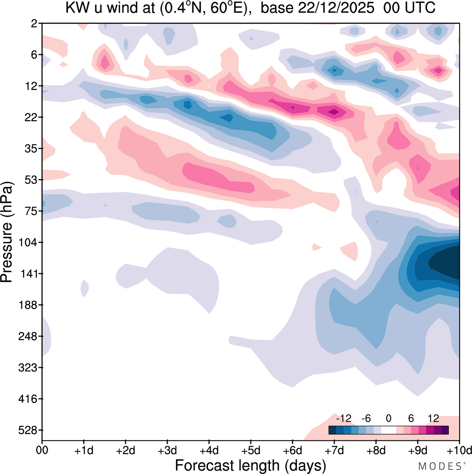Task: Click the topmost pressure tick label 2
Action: click(x=34, y=24)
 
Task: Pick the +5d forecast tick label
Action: click(x=251, y=450)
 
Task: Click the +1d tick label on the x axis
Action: click(x=84, y=450)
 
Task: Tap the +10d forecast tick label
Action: click(x=459, y=450)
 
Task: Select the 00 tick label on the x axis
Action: click(x=42, y=450)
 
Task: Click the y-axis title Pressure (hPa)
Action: click(x=7, y=232)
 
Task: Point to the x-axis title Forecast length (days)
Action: click(x=250, y=466)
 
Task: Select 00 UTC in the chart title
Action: click(x=409, y=8)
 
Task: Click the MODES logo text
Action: click(x=441, y=466)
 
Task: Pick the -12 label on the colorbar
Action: click(x=344, y=418)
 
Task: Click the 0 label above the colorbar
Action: click(x=388, y=418)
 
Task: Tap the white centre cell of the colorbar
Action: click(x=388, y=430)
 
